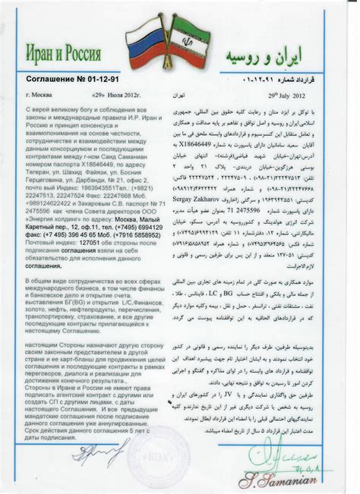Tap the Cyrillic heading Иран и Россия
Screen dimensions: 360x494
(x=65, y=55)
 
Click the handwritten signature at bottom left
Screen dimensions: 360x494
(x=99, y=455)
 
